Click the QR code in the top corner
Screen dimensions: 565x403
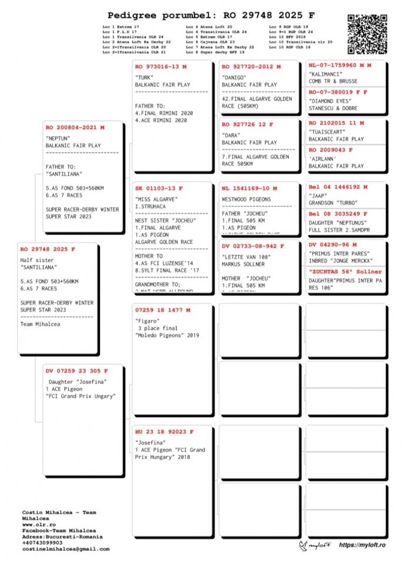coord(367,34)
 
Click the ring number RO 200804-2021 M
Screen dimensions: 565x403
coord(75,127)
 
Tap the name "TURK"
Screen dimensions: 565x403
coord(144,77)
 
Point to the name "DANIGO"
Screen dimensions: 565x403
coord(235,77)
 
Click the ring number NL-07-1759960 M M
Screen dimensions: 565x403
coord(340,66)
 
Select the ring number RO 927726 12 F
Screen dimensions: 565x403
coord(248,125)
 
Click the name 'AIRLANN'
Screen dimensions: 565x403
coord(324,159)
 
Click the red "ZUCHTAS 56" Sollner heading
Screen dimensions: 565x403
coord(345,272)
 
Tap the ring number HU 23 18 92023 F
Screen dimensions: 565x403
coord(165,432)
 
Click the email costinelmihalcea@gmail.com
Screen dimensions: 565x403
coord(66,549)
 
